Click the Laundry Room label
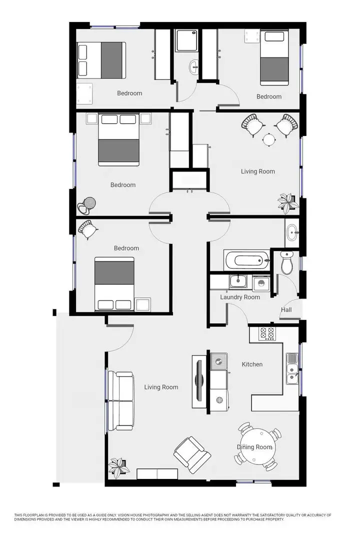pyautogui.click(x=240, y=297)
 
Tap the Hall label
pyautogui.click(x=286, y=310)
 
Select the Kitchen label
pyautogui.click(x=252, y=364)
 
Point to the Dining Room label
pyautogui.click(x=254, y=447)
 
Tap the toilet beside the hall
pyautogui.click(x=287, y=262)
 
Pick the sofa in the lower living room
pyautogui.click(x=120, y=401)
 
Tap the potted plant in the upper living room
pyautogui.click(x=286, y=203)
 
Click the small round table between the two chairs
pyautogui.click(x=269, y=140)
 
